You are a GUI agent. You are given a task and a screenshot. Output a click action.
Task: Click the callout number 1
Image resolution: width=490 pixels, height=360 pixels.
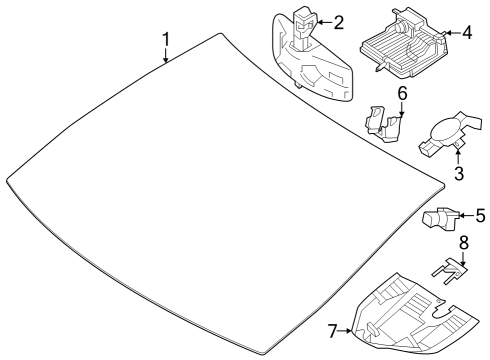pos(166,39)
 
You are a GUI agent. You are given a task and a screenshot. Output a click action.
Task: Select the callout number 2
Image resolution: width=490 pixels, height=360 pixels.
pos(338,23)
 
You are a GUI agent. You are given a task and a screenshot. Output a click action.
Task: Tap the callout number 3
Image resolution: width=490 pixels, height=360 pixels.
pos(459,173)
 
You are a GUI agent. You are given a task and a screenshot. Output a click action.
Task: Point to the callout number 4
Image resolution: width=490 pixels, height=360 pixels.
pos(466,33)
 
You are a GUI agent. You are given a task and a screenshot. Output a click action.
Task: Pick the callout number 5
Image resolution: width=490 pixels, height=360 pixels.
pos(480,216)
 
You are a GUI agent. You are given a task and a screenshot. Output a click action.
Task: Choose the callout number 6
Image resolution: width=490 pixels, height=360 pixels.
pos(402,94)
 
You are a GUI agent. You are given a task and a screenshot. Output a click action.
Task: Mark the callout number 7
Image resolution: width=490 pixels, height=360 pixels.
pos(333,331)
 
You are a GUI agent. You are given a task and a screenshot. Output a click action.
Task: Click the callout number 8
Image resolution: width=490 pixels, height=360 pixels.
pos(464,243)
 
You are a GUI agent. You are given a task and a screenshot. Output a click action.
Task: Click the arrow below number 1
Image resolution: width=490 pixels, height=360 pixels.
pos(166,55)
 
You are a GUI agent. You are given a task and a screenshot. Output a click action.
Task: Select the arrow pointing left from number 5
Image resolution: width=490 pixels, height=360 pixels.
pos(467,216)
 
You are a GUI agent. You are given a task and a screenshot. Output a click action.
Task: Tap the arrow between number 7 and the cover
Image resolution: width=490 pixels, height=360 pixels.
pos(345,331)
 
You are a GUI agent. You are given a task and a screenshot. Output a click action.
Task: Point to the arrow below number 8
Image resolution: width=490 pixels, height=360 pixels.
pos(463,258)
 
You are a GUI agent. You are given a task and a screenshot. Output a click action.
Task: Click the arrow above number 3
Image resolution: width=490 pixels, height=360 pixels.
pos(458,158)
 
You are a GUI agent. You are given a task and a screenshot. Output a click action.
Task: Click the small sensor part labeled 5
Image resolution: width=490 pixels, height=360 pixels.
pos(441,218)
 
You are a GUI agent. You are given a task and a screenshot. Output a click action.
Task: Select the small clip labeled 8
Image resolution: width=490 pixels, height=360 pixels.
pos(450,271)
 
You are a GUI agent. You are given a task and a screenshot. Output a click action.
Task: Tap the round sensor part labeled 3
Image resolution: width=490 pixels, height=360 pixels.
pos(447,133)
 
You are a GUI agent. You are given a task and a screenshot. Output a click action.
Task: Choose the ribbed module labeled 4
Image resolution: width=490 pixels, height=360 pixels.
pos(404,43)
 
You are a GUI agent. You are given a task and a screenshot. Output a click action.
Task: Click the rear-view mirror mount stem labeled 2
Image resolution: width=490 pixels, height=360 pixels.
pos(303,27)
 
